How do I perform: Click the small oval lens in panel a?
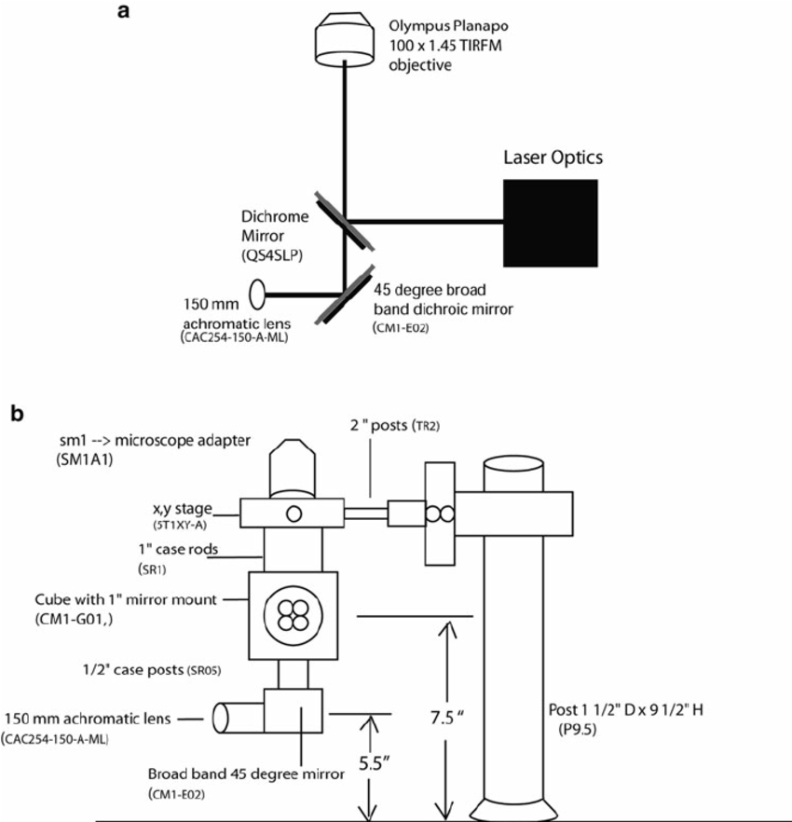[x=256, y=296]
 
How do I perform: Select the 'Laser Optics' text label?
[x=550, y=158]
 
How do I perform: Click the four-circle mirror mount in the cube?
[x=291, y=614]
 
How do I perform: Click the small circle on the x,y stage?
[x=294, y=513]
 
